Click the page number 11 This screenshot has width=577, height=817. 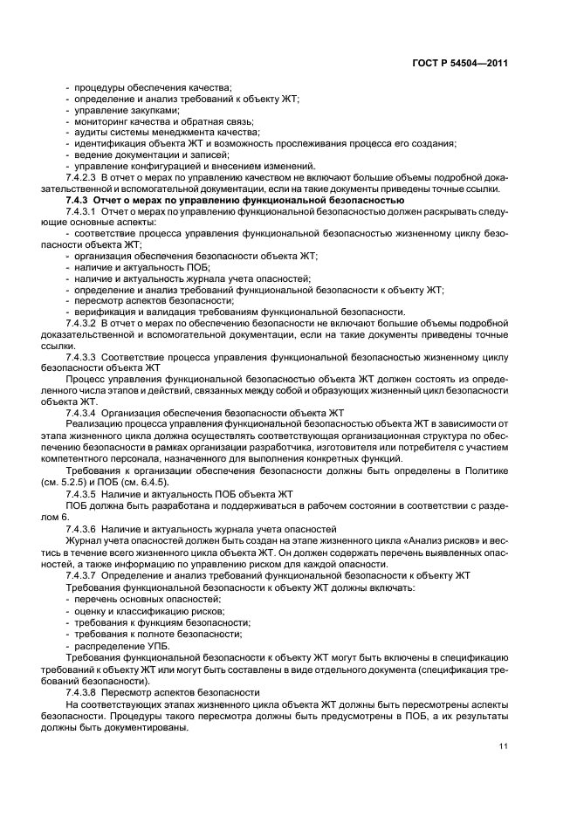504,745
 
